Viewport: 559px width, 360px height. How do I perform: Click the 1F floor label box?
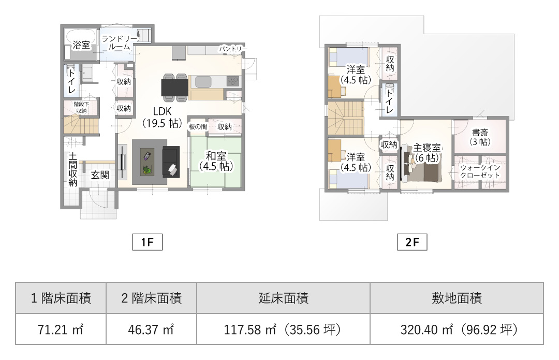[147, 242]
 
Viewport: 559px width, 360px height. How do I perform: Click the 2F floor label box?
[412, 242]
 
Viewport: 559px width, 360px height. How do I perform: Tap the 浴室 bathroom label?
[81, 45]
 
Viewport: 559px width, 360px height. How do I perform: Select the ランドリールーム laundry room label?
[119, 43]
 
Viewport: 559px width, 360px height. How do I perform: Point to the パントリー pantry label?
[233, 49]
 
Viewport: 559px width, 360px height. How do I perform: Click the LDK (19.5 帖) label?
[163, 117]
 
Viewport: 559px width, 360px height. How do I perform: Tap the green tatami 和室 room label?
[216, 161]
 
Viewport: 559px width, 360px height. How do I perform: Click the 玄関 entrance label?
[100, 175]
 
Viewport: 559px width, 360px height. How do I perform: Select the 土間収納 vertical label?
[73, 169]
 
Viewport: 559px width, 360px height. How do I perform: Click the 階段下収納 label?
[81, 107]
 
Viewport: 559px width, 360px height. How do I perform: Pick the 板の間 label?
[198, 127]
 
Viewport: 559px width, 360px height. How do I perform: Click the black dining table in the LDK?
[175, 88]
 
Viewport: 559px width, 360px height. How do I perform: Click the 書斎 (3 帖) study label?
[480, 137]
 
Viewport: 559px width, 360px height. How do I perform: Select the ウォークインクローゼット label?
[480, 171]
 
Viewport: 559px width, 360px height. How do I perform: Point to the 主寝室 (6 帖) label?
[426, 152]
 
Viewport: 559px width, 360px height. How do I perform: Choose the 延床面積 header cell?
[284, 298]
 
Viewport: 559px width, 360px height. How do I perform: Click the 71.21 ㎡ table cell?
[61, 329]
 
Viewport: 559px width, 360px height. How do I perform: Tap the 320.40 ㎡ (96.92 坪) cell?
[457, 329]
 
